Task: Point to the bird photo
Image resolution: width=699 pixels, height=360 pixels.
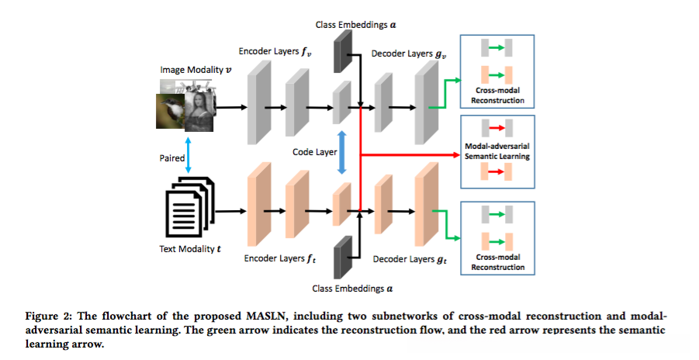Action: click(x=172, y=113)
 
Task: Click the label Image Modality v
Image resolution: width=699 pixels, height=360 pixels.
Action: click(x=196, y=70)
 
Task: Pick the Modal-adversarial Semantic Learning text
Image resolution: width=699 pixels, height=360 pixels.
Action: click(x=497, y=151)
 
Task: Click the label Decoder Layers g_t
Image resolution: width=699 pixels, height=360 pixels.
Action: click(x=409, y=258)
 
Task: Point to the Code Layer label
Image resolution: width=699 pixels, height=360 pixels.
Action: click(x=314, y=152)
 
